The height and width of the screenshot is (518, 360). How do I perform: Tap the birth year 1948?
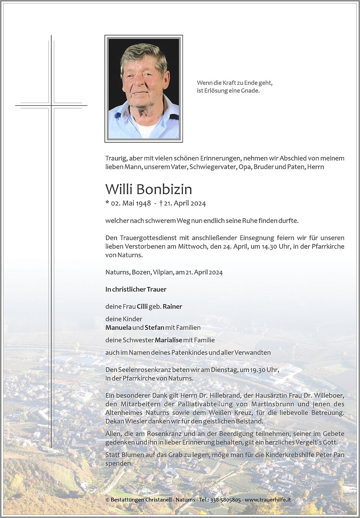tap(143, 203)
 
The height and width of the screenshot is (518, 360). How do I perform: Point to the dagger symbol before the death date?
tap(161, 203)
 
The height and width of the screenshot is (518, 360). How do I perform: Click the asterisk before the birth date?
tap(107, 202)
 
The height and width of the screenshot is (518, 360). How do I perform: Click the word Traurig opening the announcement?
tap(115, 158)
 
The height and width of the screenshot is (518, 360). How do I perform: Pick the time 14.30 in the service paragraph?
tap(269, 247)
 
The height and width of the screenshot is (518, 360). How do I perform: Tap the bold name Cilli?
tap(142, 307)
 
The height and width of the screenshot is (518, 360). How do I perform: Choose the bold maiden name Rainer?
tap(172, 307)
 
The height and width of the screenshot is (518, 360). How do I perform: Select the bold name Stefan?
tap(154, 328)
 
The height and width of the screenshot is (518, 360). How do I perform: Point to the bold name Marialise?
tap(168, 340)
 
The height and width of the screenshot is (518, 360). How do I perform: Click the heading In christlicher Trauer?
tap(136, 289)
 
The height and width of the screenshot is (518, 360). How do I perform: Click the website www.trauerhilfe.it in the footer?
tap(268, 500)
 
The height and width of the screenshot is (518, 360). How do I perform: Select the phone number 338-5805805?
tap(225, 500)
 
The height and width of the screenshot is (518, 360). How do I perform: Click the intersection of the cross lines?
tap(51, 106)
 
